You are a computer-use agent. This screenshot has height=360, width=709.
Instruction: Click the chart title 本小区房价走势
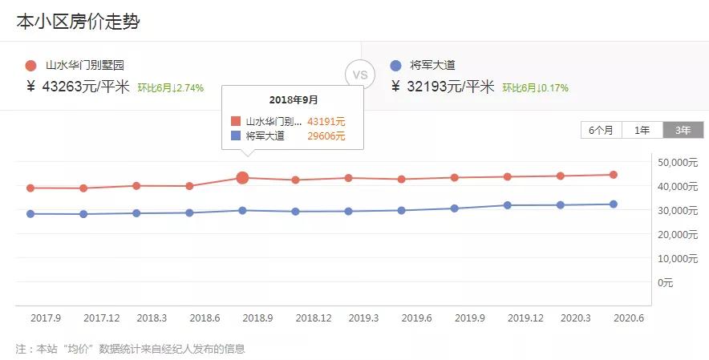coord(78,22)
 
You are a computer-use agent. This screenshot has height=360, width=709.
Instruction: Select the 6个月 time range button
coord(601,130)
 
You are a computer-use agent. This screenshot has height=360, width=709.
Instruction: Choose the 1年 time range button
coord(642,130)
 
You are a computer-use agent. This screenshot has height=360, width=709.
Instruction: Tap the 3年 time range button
coord(683,130)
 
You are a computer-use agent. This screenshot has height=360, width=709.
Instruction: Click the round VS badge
coord(360,75)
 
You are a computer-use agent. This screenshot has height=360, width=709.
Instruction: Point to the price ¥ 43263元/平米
coord(78,87)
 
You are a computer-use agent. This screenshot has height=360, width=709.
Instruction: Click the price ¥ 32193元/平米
coord(441,87)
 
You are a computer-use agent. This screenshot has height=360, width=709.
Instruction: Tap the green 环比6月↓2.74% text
coord(170,88)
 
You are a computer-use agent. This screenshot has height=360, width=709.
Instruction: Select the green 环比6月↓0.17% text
coord(535,88)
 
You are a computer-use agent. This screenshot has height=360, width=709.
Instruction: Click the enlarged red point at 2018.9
coord(242,178)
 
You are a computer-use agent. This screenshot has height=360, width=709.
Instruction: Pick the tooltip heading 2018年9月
coord(293,100)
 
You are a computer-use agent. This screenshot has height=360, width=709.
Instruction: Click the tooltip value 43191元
coord(326,122)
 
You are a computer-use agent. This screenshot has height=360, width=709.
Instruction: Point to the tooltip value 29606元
coord(326,136)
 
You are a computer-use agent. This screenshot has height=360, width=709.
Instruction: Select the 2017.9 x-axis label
coord(46,318)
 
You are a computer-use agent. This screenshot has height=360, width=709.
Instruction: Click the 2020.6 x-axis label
coord(629,318)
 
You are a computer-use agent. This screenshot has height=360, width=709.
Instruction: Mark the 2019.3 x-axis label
coord(363,318)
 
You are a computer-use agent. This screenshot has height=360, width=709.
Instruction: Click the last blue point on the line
coord(613,204)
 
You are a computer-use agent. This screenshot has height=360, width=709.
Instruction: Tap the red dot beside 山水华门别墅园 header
coord(30,66)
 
